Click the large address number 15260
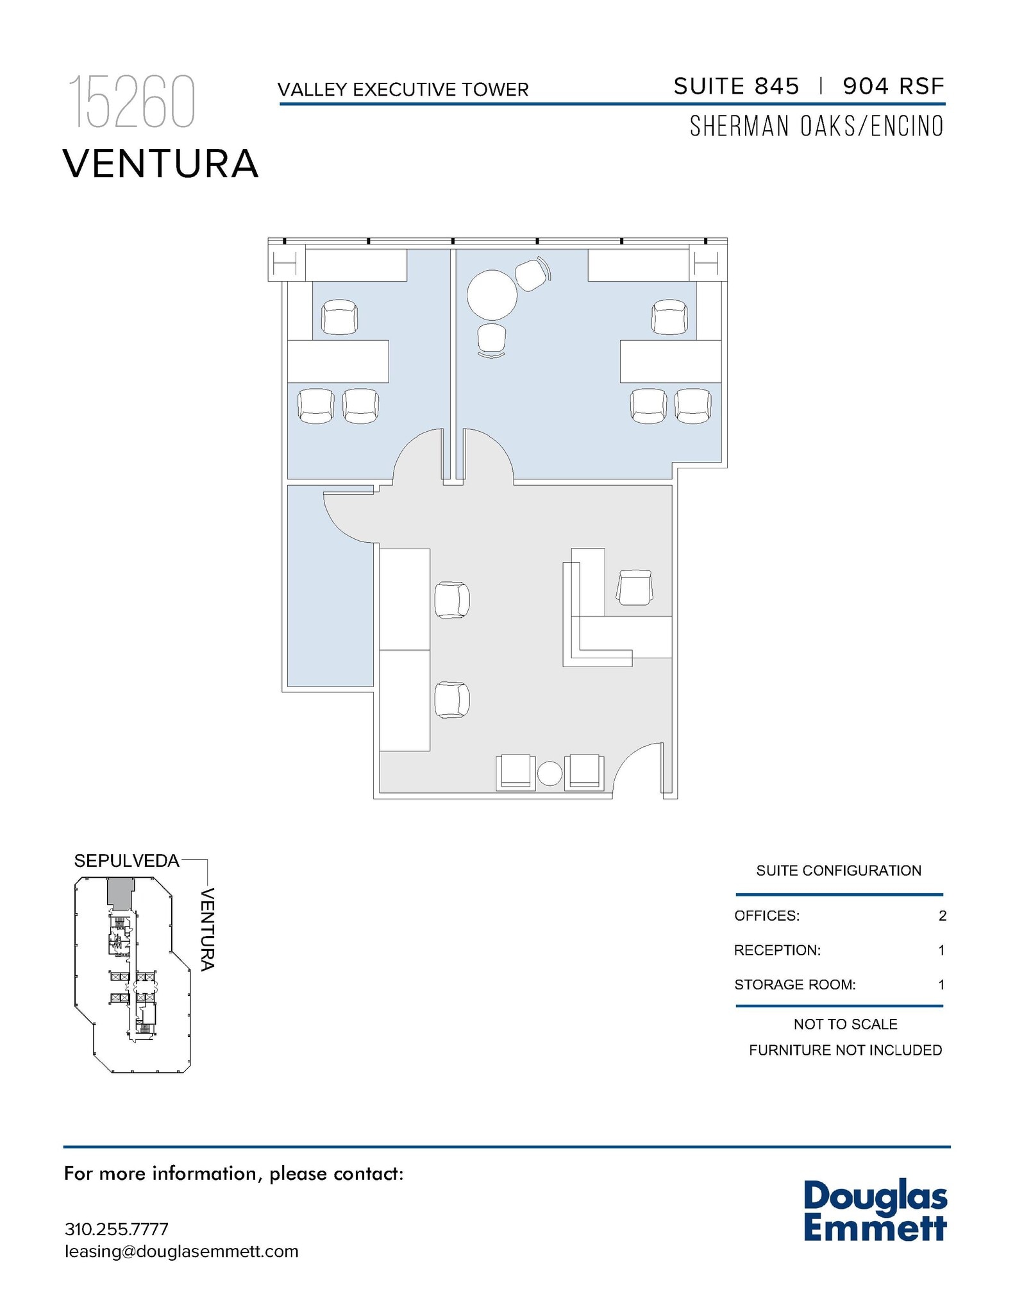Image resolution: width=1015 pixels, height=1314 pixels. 131,103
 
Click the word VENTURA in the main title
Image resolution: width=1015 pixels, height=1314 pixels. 160,164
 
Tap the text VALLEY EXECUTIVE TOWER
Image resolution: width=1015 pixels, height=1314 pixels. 403,90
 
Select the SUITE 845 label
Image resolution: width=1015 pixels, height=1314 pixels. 736,87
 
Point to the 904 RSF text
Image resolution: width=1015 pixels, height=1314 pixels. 893,87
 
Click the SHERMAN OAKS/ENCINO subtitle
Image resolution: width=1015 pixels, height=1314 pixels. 816,126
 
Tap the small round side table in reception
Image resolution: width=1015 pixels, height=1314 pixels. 549,773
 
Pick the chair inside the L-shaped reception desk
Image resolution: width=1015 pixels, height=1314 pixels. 634,588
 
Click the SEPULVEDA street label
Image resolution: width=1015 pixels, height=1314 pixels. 126,861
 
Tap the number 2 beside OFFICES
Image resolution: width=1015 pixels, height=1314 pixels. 942,916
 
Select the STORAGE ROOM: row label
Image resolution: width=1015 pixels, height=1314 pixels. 794,984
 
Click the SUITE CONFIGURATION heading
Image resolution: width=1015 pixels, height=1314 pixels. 838,871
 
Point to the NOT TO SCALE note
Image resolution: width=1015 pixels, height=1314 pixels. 845,1024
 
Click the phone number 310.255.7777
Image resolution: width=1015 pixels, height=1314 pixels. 117,1229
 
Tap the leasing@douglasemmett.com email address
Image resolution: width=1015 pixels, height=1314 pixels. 181,1251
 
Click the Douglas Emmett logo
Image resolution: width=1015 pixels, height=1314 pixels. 875,1210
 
